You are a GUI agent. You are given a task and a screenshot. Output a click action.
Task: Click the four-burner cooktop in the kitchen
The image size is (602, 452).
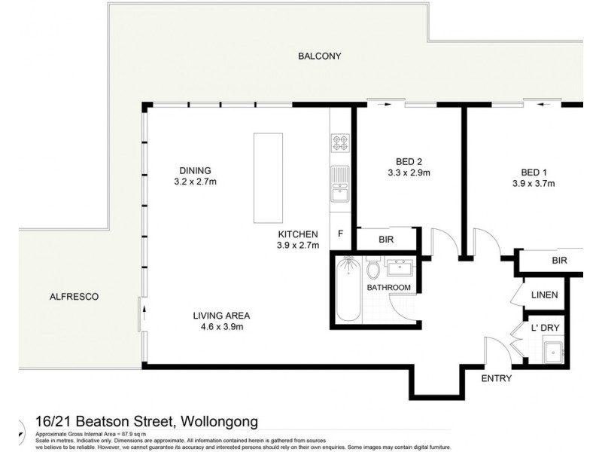tap(339, 142)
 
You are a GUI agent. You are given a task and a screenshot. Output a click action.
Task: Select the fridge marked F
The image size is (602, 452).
tap(340, 234)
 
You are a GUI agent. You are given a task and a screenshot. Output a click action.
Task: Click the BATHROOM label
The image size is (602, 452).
tap(388, 288)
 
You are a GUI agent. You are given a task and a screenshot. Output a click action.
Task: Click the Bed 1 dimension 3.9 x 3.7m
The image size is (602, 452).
tap(534, 183)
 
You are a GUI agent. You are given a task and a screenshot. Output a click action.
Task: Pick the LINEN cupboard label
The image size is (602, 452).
tap(544, 295)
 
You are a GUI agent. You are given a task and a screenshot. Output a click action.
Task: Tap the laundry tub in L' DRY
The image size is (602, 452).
tap(555, 351)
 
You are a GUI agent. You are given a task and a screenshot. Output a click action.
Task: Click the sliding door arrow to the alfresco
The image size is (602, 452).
tap(141, 313)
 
